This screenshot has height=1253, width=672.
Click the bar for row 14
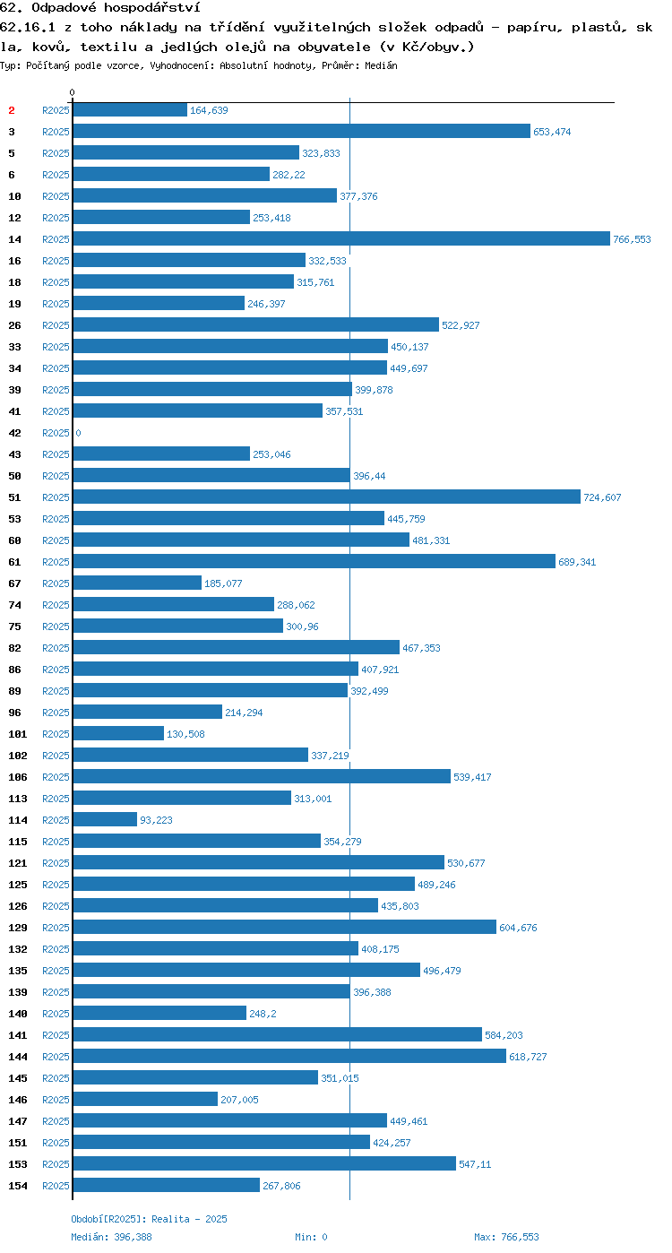tap(341, 238)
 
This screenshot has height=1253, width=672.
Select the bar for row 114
tap(105, 819)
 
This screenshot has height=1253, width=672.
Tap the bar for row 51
tap(327, 497)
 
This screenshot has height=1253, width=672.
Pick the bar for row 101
tap(118, 733)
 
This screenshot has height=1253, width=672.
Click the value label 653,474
tap(552, 132)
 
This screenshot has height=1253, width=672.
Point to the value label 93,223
tap(156, 820)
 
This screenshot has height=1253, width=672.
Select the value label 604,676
tap(518, 928)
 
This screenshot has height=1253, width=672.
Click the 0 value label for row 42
tap(78, 433)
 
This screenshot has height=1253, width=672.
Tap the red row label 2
tap(11, 110)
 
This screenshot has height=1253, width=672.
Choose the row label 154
tap(18, 1185)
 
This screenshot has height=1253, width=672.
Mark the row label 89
tap(14, 691)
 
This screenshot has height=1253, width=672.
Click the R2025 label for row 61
tap(56, 562)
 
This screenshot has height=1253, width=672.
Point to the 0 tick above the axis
tap(72, 92)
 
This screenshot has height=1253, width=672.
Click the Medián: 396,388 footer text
tap(111, 1237)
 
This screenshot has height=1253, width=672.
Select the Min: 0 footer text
tap(312, 1237)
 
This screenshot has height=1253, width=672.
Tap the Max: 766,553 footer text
tap(506, 1237)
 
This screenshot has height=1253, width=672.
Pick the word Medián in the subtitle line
tap(382, 65)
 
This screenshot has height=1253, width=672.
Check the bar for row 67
tap(137, 583)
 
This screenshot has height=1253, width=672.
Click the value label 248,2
tap(263, 1014)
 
